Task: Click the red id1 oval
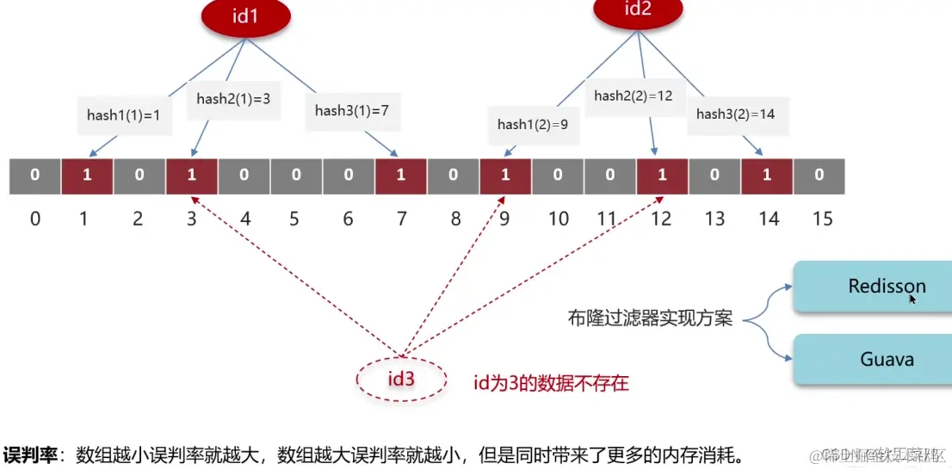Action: pos(245,16)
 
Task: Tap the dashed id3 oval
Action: pos(402,378)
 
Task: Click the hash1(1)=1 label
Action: pos(124,114)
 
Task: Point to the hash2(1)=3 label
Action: pos(233,99)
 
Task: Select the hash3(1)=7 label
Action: pos(352,110)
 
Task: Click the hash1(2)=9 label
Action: pos(534,125)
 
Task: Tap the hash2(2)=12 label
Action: pos(633,96)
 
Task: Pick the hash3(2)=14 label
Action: pos(735,114)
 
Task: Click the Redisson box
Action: pos(886,287)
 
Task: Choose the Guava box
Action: pos(886,359)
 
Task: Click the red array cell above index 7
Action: pos(400,176)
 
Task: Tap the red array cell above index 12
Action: pos(662,176)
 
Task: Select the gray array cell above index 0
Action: pos(34,176)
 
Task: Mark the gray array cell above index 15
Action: pos(819,176)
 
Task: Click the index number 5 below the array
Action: pos(294,219)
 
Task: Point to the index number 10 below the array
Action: pos(559,219)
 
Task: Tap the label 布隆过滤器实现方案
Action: pos(650,318)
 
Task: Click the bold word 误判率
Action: pos(33,454)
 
